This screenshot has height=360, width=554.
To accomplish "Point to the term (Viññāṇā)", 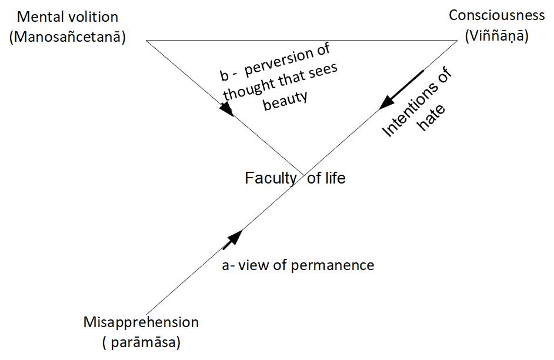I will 496,36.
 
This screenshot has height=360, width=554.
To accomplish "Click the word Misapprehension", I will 141,322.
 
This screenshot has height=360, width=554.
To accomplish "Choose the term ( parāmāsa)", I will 141,341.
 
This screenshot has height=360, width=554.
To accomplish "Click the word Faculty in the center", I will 271,178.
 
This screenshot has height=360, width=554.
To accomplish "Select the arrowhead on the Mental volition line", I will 226,109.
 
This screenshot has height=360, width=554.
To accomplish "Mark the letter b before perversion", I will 224,76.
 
